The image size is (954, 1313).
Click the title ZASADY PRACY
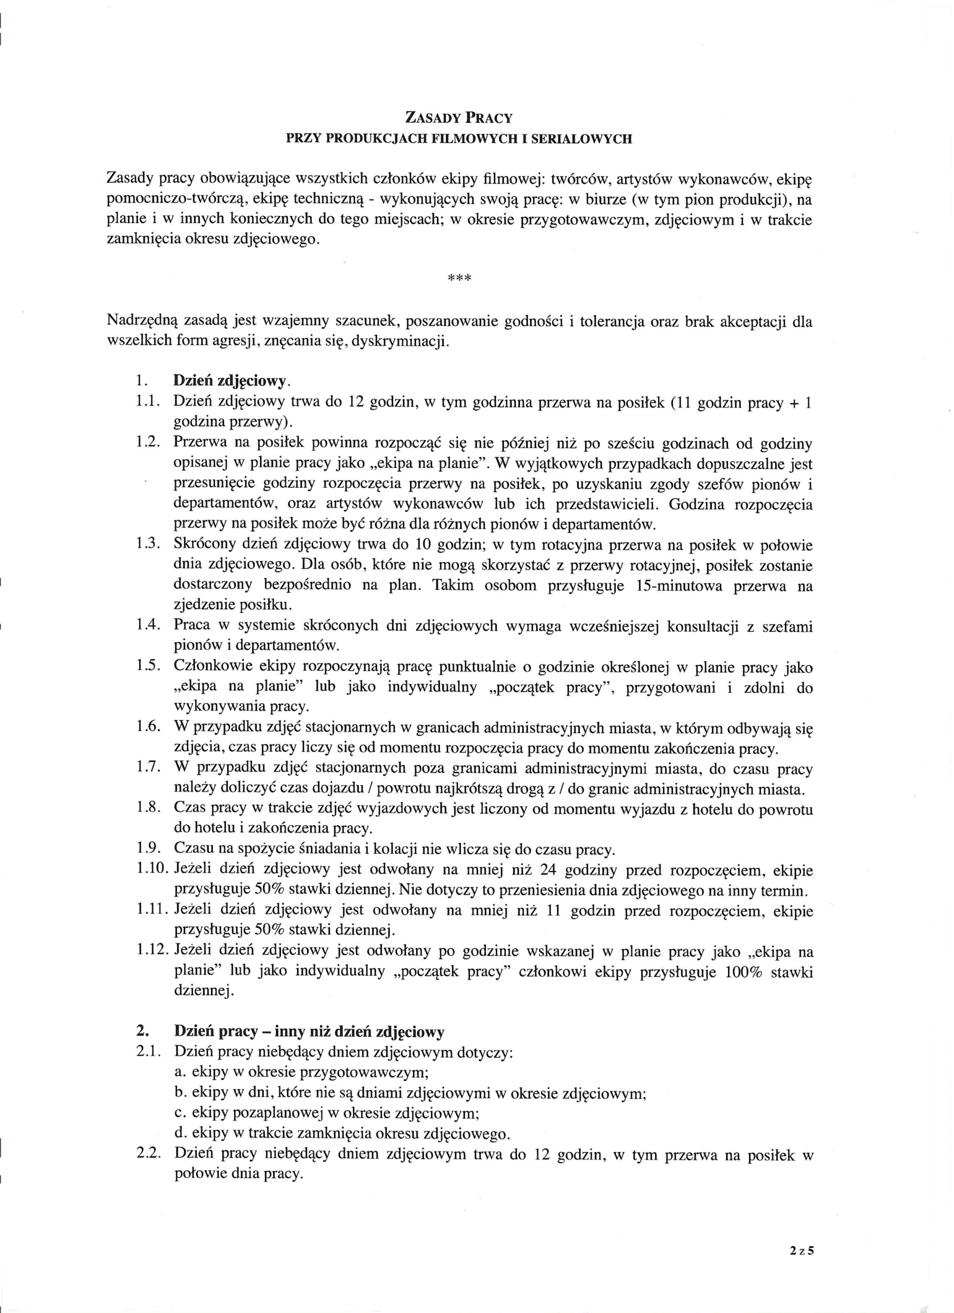459,118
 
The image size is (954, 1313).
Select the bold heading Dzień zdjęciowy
230,382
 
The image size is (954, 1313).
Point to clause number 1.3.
148,545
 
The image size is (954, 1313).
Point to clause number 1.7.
148,768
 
